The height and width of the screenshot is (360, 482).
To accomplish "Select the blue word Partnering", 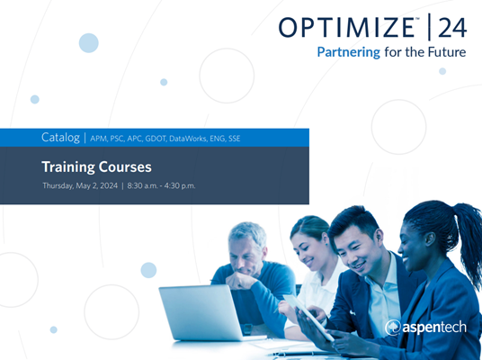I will click(349, 52).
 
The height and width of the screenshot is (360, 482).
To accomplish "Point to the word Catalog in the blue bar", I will click(60, 138).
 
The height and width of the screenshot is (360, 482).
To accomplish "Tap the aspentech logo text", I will click(428, 327).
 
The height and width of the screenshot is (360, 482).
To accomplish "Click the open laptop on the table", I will click(200, 311).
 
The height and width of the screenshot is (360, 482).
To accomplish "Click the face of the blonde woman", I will click(310, 240).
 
